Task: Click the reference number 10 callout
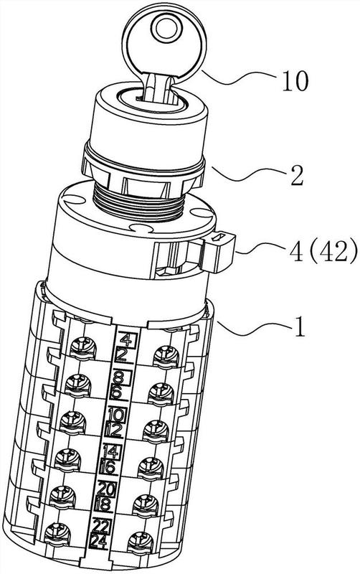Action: [295, 81]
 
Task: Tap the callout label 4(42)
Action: [323, 252]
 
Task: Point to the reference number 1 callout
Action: [300, 328]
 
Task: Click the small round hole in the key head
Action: [166, 29]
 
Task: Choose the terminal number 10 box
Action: [117, 415]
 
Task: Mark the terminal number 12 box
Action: [115, 430]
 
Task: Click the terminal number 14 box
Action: [112, 452]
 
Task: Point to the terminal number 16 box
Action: [110, 468]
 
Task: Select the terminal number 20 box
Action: [107, 489]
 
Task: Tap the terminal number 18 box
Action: [105, 505]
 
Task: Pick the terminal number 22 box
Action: [101, 527]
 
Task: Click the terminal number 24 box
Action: [100, 542]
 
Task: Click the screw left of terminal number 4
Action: [82, 347]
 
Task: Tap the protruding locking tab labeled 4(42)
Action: [219, 253]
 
